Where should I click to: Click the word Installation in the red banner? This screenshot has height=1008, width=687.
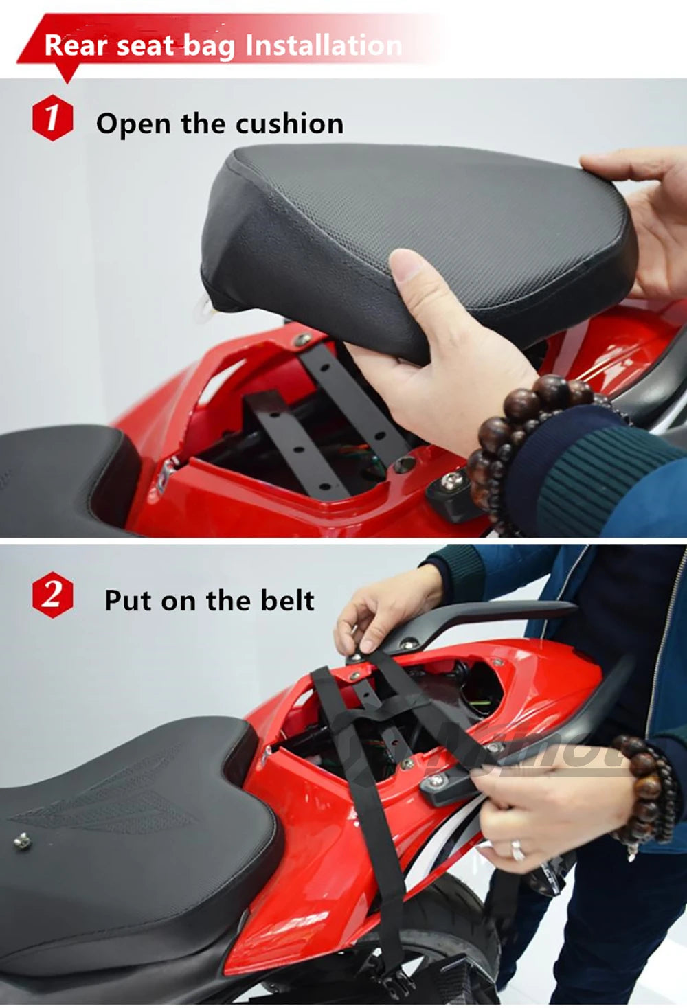coord(323,45)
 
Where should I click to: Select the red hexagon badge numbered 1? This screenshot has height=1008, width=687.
coord(52,117)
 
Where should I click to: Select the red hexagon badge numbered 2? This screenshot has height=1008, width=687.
coord(52,594)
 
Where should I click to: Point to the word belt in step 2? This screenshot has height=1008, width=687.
coord(287,600)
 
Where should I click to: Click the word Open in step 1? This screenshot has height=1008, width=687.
coord(133,124)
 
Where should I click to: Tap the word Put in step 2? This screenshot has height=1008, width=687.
coord(128,600)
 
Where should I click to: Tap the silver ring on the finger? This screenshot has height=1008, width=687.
coord(517,849)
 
